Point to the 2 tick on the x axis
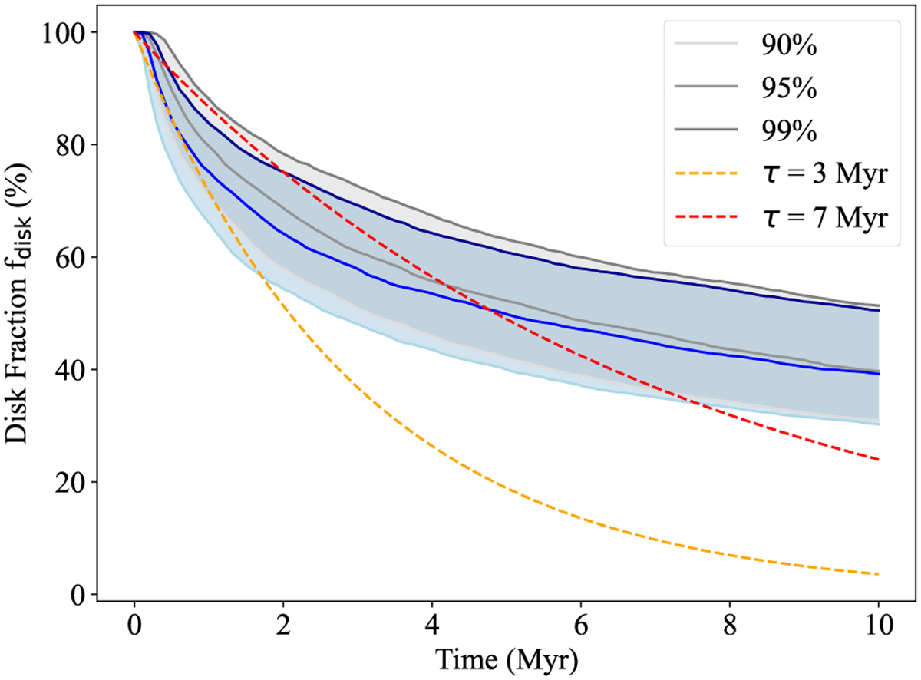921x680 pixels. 283,628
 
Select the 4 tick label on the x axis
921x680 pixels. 432,628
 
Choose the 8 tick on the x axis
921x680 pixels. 730,628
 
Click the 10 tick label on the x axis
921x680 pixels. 879,628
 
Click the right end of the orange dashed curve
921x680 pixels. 878,574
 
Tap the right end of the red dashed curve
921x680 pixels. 878,460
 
